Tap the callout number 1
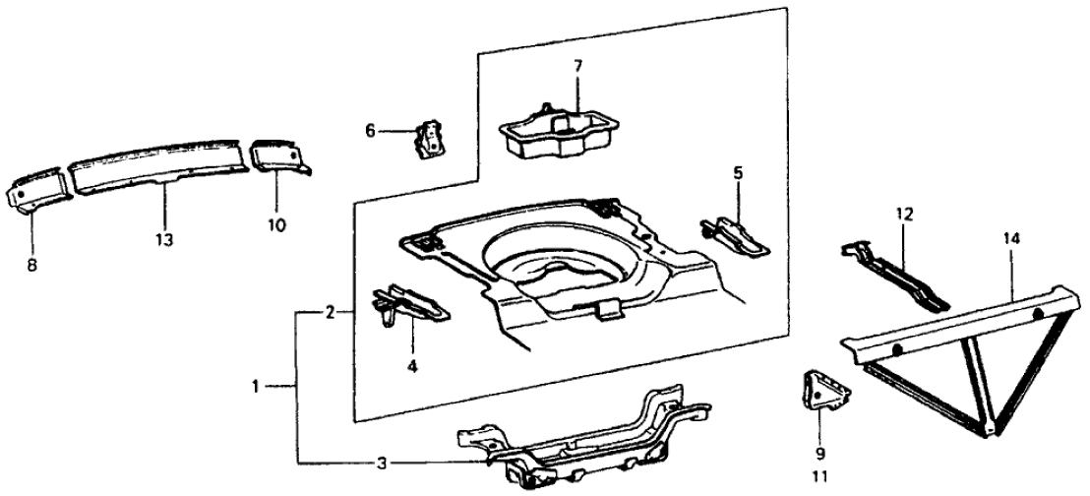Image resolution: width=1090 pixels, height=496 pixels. (258, 387)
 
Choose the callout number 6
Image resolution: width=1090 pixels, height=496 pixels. (371, 130)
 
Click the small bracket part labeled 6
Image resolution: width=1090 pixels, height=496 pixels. (429, 138)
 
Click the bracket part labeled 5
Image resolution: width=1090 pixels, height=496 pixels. (738, 232)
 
